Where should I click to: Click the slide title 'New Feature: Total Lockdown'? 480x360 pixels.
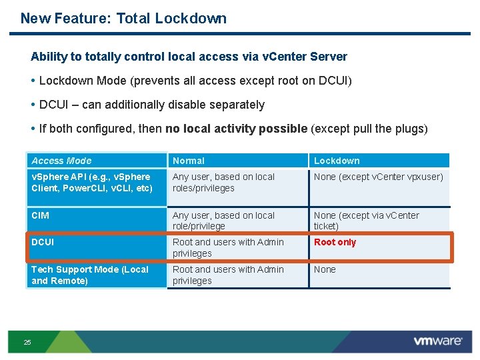pyautogui.click(x=123, y=19)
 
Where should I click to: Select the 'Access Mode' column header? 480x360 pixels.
pyautogui.click(x=61, y=161)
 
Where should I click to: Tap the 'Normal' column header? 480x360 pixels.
pyautogui.click(x=189, y=161)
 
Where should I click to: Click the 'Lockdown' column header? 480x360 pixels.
pyautogui.click(x=337, y=161)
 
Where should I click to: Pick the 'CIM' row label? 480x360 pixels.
pyautogui.click(x=40, y=215)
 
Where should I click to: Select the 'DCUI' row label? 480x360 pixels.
pyautogui.click(x=43, y=242)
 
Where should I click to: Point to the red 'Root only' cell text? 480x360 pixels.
pyautogui.click(x=335, y=242)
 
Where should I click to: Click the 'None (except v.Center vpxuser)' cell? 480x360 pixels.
pyautogui.click(x=378, y=177)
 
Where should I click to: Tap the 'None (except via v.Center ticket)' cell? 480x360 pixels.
pyautogui.click(x=367, y=221)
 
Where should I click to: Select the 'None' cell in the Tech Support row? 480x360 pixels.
pyautogui.click(x=325, y=269)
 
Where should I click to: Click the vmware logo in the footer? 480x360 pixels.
pyautogui.click(x=437, y=341)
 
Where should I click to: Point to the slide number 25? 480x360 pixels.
pyautogui.click(x=27, y=342)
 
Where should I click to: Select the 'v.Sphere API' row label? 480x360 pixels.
pyautogui.click(x=91, y=182)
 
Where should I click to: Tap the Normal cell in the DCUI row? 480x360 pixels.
pyautogui.click(x=228, y=247)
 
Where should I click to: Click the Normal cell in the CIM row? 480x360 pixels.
pyautogui.click(x=223, y=221)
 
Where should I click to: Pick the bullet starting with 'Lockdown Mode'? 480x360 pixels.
pyautogui.click(x=195, y=81)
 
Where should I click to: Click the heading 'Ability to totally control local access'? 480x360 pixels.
pyautogui.click(x=189, y=57)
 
